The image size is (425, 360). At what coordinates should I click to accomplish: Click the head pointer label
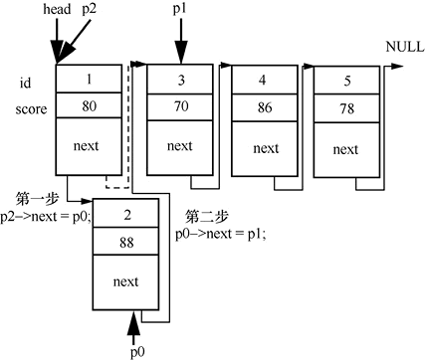[x=57, y=9]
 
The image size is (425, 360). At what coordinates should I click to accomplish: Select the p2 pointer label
[x=89, y=9]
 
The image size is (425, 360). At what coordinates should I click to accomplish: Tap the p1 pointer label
[x=179, y=9]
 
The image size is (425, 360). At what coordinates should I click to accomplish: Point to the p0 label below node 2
[x=137, y=352]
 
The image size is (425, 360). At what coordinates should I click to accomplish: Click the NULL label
[x=405, y=47]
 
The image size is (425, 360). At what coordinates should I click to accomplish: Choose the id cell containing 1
[x=89, y=79]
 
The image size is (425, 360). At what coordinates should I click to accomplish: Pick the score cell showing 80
[x=89, y=105]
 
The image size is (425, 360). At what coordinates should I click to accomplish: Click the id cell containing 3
[x=180, y=80]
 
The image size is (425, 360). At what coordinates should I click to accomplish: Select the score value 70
[x=181, y=106]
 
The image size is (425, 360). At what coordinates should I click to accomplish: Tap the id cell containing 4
[x=264, y=80]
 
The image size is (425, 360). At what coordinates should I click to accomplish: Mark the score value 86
[x=265, y=107]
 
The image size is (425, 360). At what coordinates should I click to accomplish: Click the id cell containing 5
[x=346, y=81]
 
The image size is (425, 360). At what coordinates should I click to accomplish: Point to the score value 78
[x=347, y=108]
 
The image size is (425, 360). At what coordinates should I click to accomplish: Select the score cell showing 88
[x=125, y=242]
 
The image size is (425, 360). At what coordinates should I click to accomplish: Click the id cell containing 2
[x=125, y=213]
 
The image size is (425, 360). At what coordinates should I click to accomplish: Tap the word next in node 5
[x=345, y=150]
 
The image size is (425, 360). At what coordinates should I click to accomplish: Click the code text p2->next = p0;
[x=46, y=217]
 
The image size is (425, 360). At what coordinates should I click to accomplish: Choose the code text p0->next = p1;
[x=221, y=234]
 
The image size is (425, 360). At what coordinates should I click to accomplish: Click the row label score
[x=31, y=109]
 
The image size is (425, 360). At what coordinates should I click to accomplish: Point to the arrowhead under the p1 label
[x=181, y=53]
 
